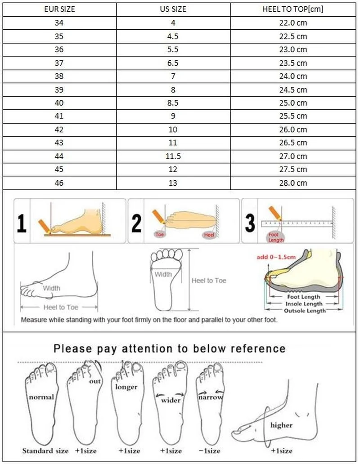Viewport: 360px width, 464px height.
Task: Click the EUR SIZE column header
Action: (x=59, y=9)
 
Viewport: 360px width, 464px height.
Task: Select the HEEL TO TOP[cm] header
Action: (x=292, y=9)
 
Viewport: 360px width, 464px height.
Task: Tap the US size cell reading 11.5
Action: (x=173, y=156)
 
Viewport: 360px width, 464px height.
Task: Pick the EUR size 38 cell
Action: (x=59, y=76)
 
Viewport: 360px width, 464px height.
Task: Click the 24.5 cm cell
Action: (x=292, y=89)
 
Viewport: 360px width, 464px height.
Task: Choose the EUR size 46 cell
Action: (x=59, y=183)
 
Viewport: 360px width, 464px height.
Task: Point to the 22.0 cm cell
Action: (x=292, y=23)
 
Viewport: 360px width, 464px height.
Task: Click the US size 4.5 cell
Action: (x=173, y=36)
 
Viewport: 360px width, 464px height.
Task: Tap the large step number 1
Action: (x=21, y=223)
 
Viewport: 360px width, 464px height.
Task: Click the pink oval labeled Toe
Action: (x=159, y=234)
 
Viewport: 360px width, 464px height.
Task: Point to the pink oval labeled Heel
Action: (x=209, y=235)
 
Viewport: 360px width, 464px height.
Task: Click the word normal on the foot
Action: (x=41, y=397)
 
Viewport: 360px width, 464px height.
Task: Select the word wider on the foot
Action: (x=171, y=400)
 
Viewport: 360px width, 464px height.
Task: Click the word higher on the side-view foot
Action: (x=281, y=425)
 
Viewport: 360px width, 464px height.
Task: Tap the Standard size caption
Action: (x=45, y=451)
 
